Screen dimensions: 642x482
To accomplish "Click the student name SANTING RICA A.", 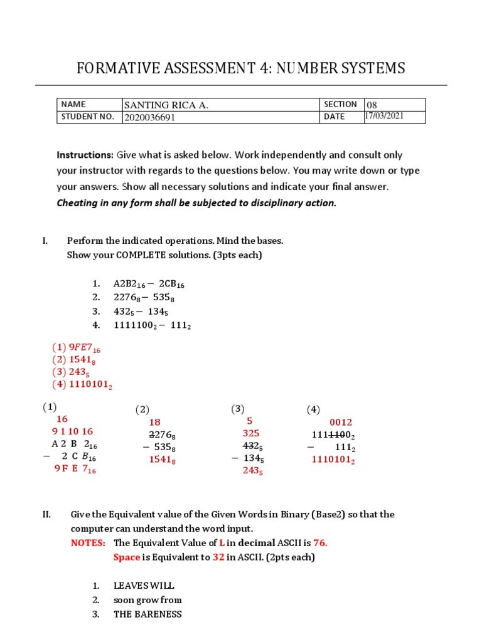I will pyautogui.click(x=166, y=105).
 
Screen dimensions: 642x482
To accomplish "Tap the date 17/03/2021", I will pyautogui.click(x=385, y=116).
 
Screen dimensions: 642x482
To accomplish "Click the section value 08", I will pyautogui.click(x=372, y=105).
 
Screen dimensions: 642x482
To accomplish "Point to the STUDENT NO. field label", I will pyautogui.click(x=88, y=117).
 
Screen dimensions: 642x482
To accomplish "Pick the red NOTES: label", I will pyautogui.click(x=88, y=542).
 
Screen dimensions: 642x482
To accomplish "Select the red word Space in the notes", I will pyautogui.click(x=127, y=557).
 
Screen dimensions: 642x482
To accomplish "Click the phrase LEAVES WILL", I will pyautogui.click(x=144, y=586).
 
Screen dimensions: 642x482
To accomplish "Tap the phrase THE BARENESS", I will pyautogui.click(x=147, y=614).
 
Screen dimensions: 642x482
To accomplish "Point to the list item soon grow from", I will pyautogui.click(x=147, y=600).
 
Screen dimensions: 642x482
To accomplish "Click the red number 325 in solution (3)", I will pyautogui.click(x=251, y=433).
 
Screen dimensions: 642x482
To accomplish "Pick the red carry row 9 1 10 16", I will pyautogui.click(x=72, y=431).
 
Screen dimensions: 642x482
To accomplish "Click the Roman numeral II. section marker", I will pyautogui.click(x=46, y=514).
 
